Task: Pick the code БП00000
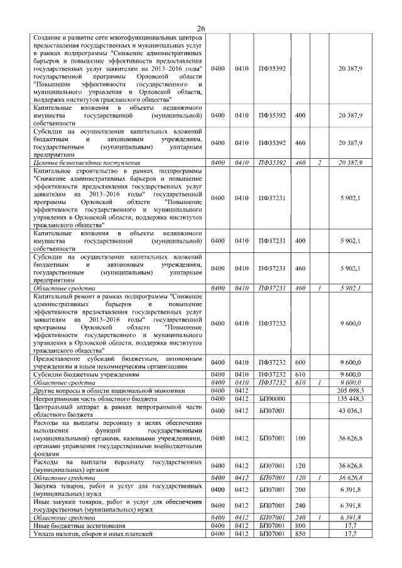click(272, 399)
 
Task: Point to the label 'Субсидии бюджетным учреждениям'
click(86, 374)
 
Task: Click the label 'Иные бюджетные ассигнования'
click(79, 525)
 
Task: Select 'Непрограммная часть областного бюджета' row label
click(95, 399)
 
